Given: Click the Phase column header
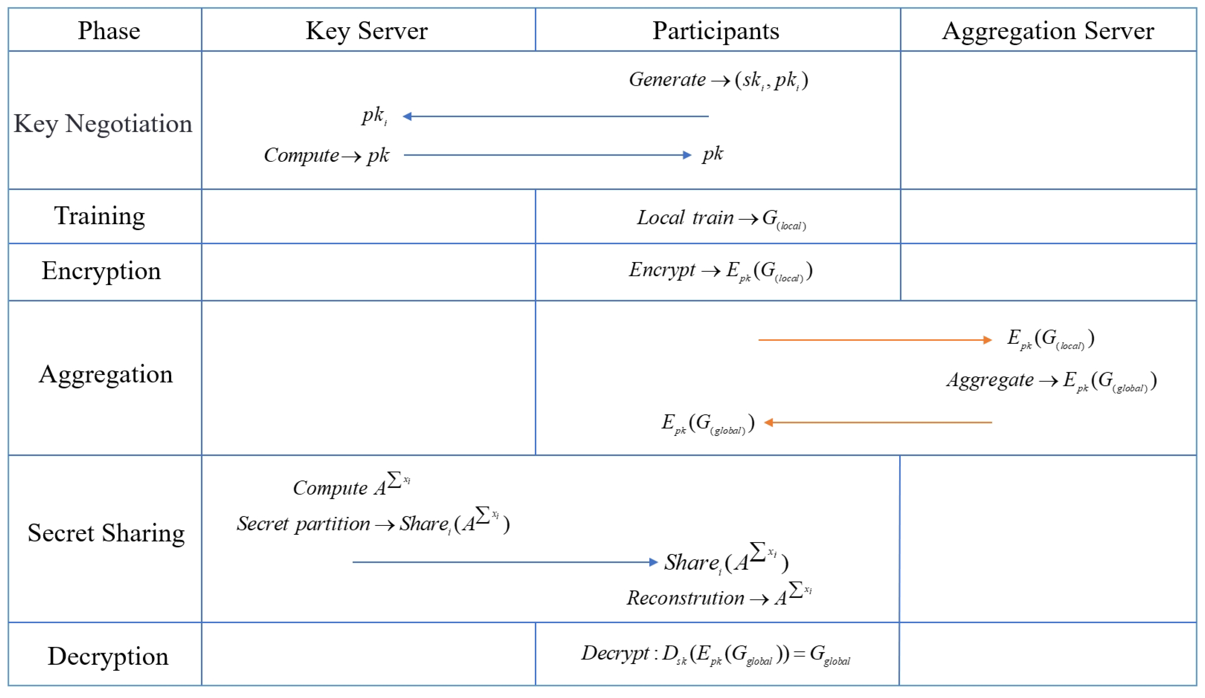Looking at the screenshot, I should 109,31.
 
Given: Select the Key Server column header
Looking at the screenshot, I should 367,31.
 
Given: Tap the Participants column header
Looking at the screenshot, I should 716,31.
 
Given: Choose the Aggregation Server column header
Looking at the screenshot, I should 1048,31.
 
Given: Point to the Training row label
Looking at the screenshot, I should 99,216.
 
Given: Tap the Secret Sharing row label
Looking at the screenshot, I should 106,533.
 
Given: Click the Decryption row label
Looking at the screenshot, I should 108,656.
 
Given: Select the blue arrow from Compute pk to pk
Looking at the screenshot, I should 548,155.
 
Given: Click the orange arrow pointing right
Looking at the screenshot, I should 875,340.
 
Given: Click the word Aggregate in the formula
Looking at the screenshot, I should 990,380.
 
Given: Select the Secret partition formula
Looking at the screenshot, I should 373,523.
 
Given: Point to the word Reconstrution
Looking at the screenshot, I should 685,598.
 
